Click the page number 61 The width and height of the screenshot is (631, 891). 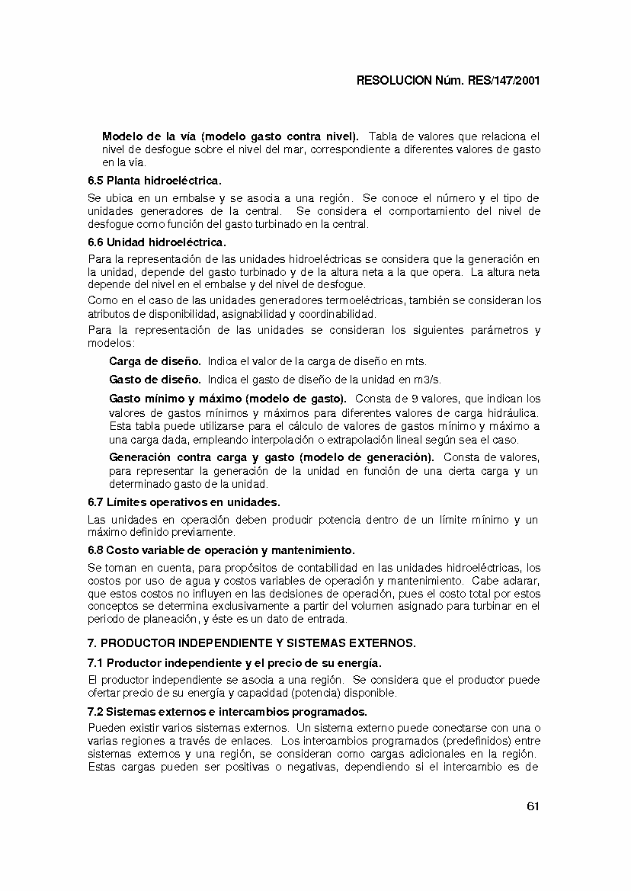(x=533, y=807)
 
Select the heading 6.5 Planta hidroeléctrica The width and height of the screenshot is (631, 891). (x=155, y=181)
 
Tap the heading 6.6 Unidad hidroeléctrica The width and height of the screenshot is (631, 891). (x=157, y=242)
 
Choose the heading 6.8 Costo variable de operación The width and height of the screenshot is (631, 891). (x=222, y=550)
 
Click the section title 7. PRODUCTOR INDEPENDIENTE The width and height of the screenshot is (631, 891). (x=252, y=643)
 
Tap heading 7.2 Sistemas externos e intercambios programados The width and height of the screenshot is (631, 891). (x=228, y=712)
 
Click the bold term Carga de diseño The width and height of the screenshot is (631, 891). (x=155, y=361)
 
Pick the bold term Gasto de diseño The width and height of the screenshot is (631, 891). (x=155, y=380)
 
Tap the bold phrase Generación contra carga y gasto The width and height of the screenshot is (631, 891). (x=271, y=457)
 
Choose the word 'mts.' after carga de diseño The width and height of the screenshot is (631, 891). (x=416, y=361)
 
